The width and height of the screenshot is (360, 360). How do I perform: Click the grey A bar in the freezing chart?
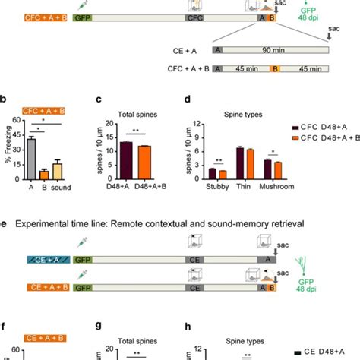[31, 159]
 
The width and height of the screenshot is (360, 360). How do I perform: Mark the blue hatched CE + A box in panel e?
[46, 261]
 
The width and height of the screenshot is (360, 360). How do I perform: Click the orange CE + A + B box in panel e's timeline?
[46, 287]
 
